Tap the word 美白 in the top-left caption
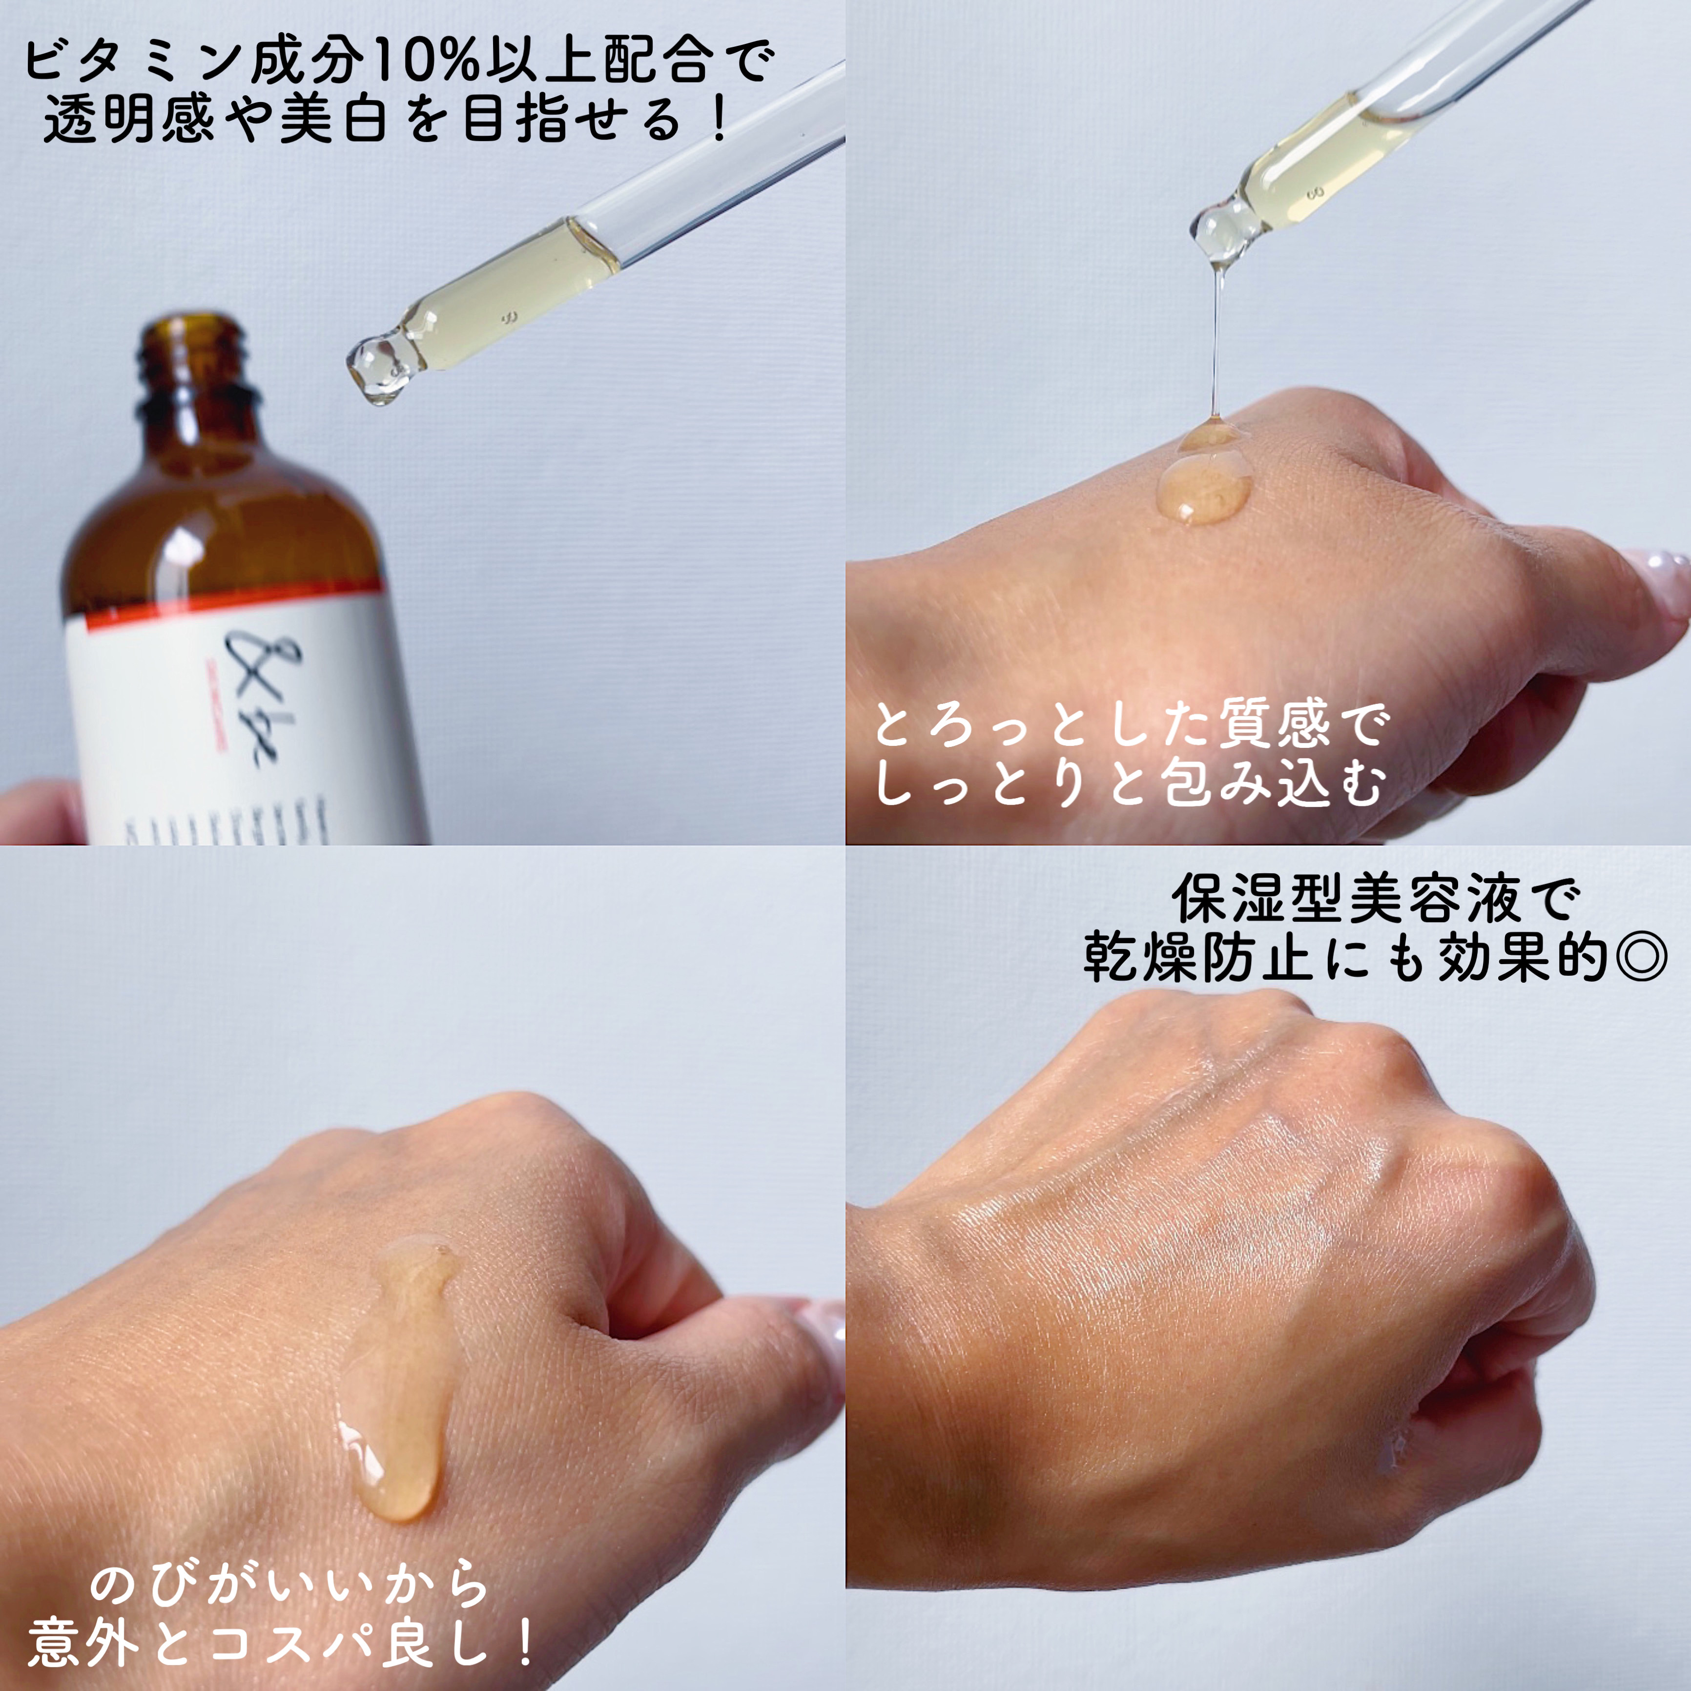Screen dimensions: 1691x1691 [332, 121]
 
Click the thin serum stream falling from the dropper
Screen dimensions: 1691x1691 [1215, 341]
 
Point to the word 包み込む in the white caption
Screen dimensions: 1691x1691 [1272, 782]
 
